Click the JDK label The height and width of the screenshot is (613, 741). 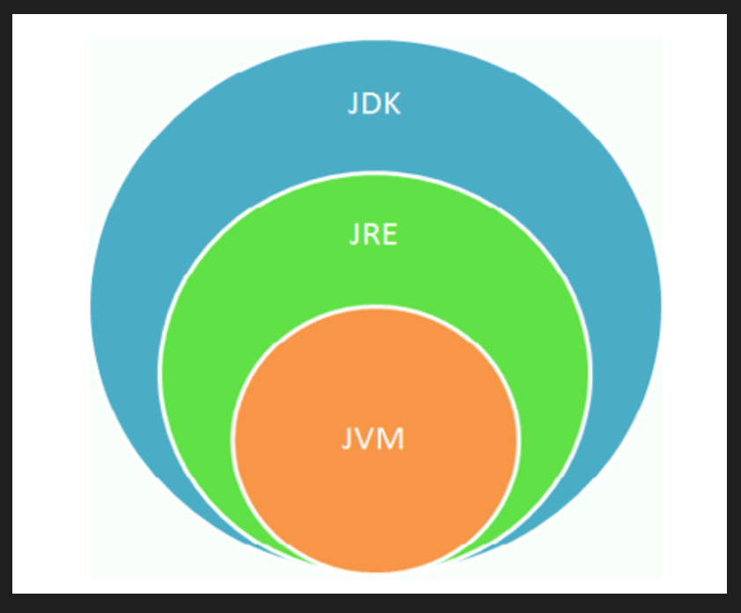click(x=374, y=103)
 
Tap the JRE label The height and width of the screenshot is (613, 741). click(x=374, y=234)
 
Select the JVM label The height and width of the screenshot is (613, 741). click(x=373, y=439)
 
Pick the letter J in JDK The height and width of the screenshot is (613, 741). click(x=352, y=104)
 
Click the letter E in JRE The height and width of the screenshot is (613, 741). click(x=389, y=234)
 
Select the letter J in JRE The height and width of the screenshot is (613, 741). click(x=353, y=235)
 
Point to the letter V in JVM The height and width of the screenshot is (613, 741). click(x=365, y=439)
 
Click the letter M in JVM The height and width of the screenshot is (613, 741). click(x=391, y=439)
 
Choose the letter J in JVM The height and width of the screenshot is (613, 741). click(x=346, y=439)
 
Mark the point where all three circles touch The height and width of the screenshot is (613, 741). click(x=375, y=572)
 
